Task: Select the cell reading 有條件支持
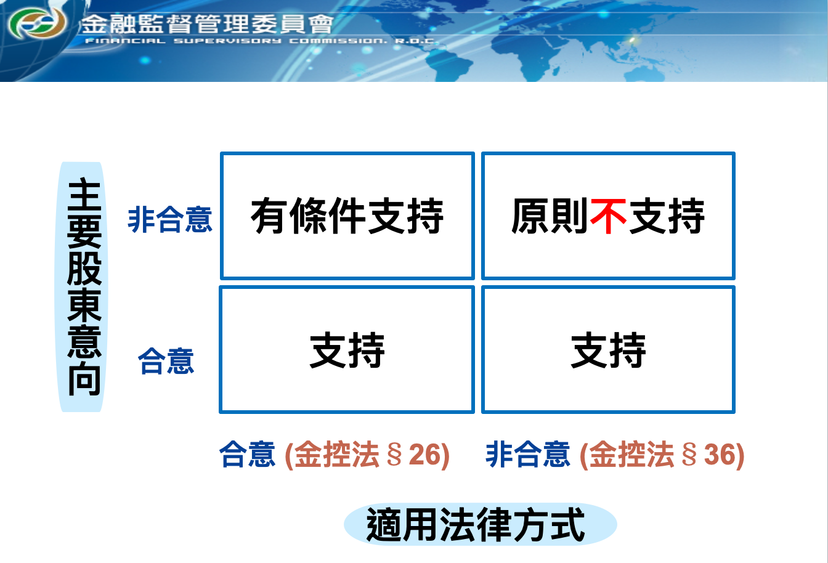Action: coord(347,216)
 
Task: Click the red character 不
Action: coord(608,216)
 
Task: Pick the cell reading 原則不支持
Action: coord(608,216)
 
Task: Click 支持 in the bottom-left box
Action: coord(347,350)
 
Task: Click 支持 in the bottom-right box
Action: coord(608,350)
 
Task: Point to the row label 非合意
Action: coord(170,219)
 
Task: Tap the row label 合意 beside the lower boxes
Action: coord(166,361)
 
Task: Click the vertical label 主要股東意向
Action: coord(84,287)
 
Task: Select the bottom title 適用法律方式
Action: coord(476,525)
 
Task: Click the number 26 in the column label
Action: coord(425,455)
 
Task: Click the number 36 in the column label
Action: coord(720,455)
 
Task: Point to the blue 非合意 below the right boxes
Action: coord(528,455)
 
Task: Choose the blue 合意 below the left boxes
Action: coord(247,455)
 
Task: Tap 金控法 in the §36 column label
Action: coord(632,455)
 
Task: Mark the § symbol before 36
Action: coord(690,455)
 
